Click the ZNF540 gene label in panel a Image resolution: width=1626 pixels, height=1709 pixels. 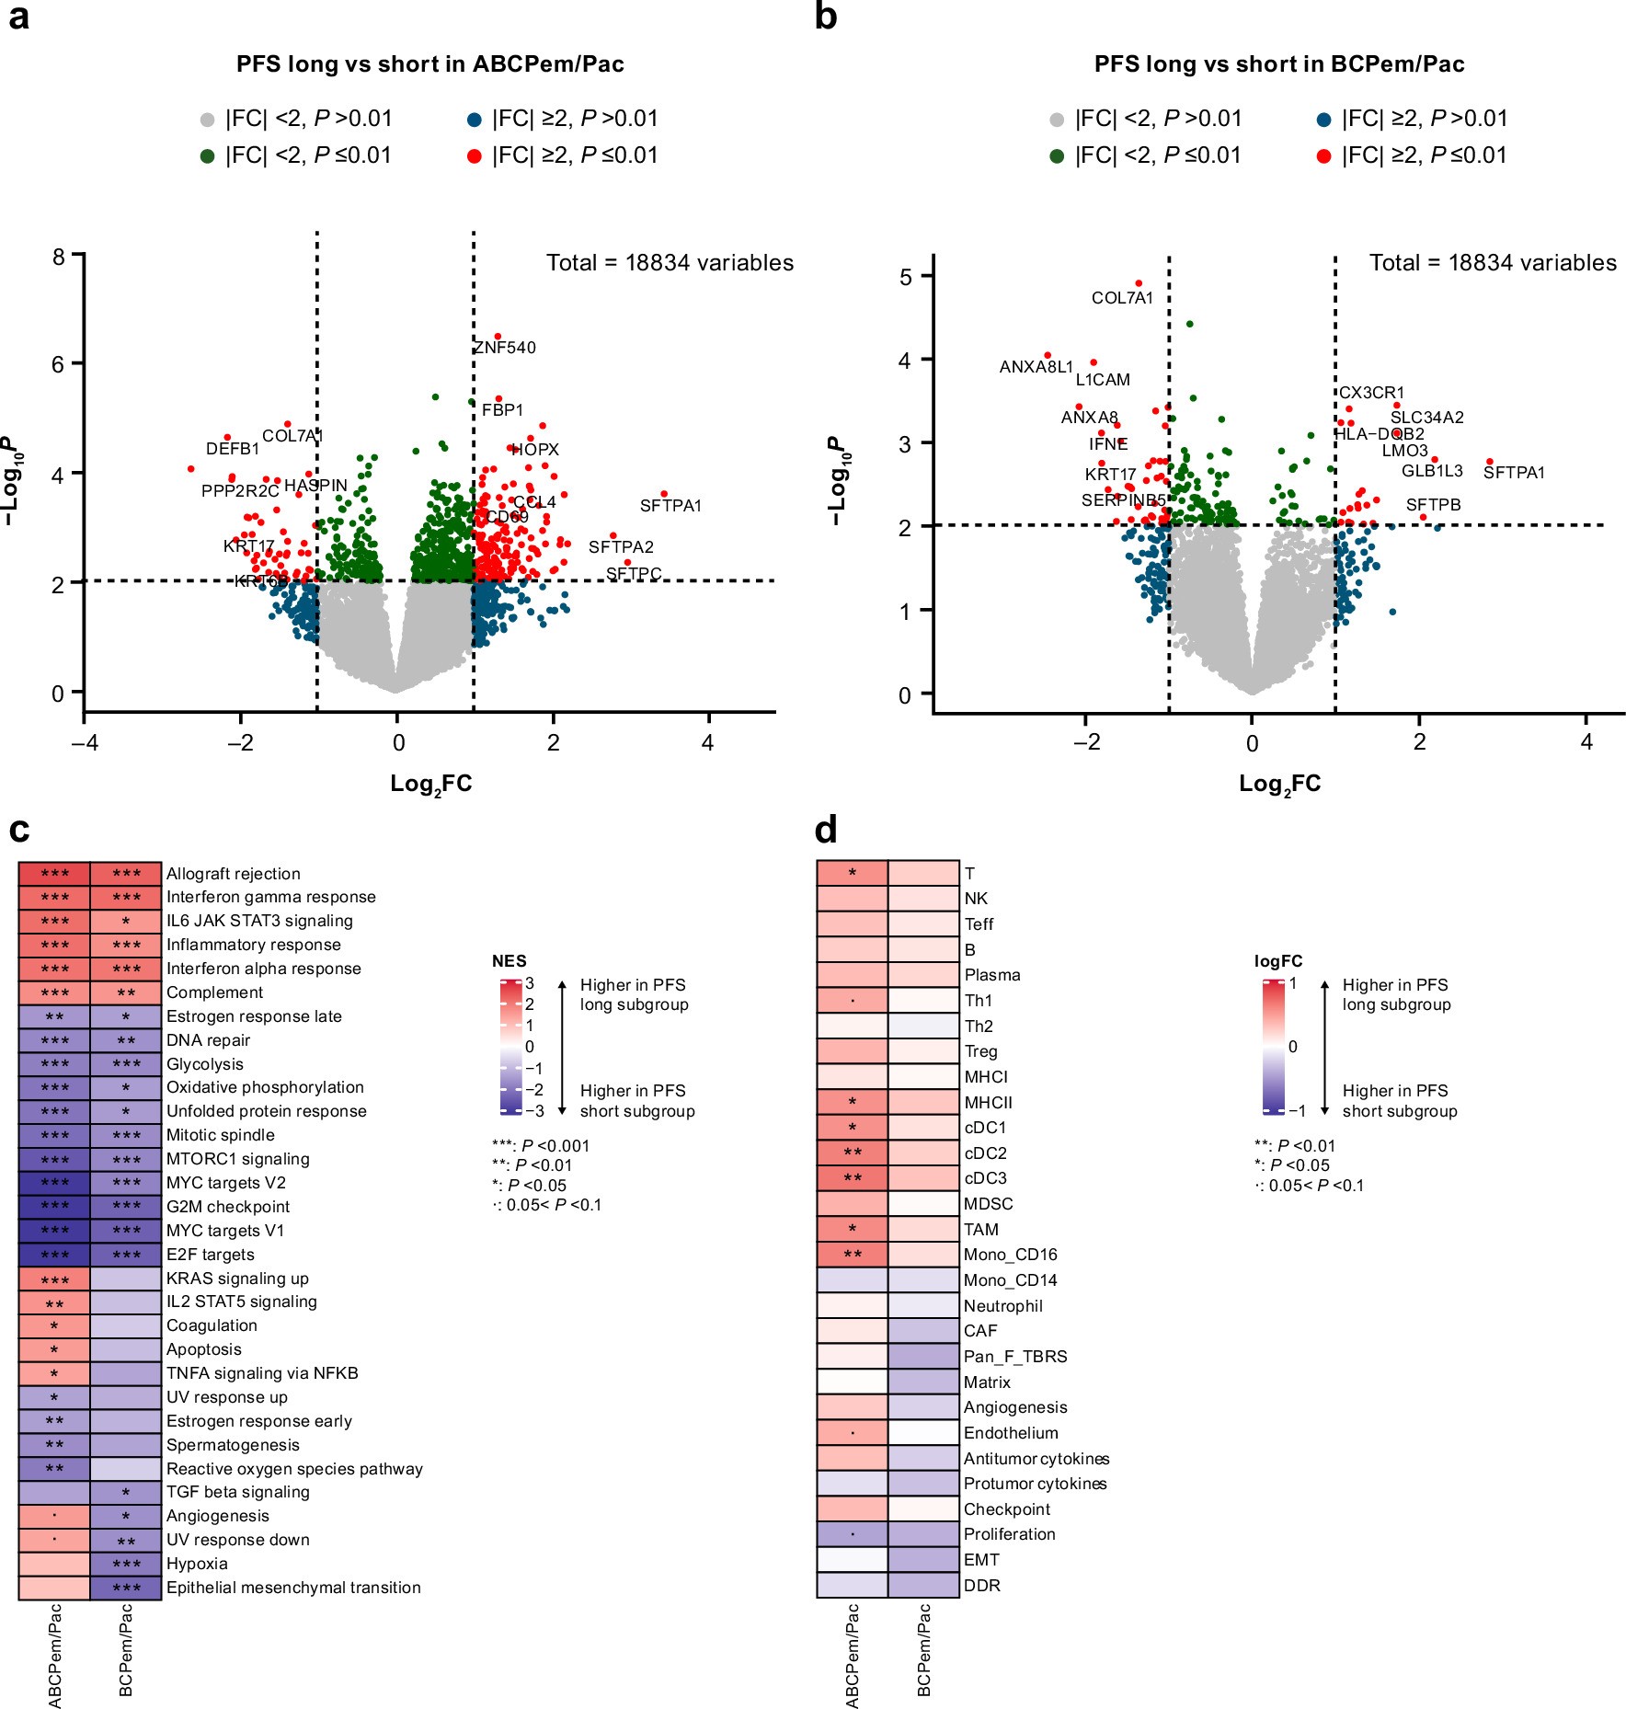coord(504,348)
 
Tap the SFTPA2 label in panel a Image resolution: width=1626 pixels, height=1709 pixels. coord(621,547)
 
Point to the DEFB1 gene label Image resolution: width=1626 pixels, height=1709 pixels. coord(233,449)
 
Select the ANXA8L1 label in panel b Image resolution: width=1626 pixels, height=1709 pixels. coord(1036,367)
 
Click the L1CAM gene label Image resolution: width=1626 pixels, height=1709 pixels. coord(1103,380)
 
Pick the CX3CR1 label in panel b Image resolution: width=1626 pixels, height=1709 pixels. coord(1371,393)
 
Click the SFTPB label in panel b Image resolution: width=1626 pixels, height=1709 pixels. coord(1433,505)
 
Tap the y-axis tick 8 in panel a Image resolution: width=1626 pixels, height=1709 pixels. coord(59,257)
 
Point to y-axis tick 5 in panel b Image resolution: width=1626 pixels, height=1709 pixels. coord(906,277)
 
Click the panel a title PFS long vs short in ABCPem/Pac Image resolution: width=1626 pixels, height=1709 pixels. coord(430,64)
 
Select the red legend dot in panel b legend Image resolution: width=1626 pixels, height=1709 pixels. coord(1323,156)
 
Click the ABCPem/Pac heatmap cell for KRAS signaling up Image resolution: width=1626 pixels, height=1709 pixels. coord(54,1279)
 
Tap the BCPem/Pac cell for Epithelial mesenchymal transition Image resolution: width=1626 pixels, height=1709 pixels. coord(126,1588)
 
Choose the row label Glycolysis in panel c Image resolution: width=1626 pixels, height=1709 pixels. coord(205,1064)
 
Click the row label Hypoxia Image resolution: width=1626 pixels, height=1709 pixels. coord(197,1564)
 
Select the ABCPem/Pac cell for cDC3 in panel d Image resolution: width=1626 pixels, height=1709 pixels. coord(853,1178)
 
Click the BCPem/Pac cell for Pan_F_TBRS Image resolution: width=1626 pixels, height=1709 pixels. coord(923,1357)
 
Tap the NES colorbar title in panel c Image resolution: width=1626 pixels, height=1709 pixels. coord(510,961)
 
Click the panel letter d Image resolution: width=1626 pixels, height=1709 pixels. coord(826,831)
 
